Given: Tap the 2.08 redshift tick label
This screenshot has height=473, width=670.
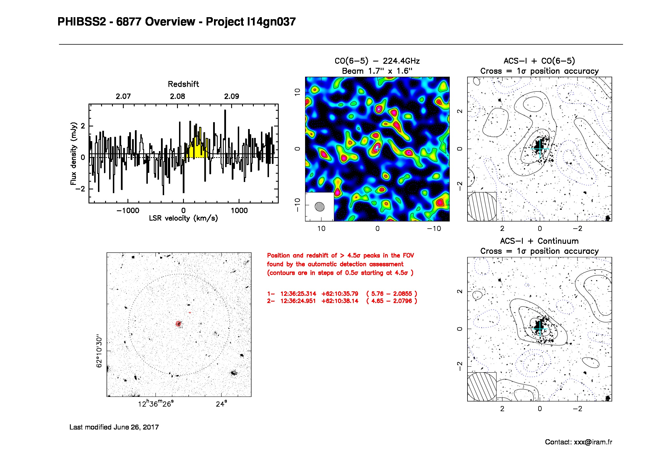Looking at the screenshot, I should [177, 96].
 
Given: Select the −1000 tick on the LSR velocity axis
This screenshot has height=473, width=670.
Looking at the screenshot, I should [128, 211].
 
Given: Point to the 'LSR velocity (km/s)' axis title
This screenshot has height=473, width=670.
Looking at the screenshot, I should [183, 218].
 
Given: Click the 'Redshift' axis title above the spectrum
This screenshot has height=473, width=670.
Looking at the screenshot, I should [183, 84].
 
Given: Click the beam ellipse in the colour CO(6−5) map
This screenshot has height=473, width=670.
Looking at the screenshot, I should [320, 207].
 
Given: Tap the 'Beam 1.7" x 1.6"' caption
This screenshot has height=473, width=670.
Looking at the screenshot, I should [377, 71].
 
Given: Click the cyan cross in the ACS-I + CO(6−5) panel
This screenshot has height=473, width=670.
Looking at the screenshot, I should [540, 149].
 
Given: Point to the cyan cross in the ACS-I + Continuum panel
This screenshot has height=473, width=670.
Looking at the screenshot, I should [540, 329].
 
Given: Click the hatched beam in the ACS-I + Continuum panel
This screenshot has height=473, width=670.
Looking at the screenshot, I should [482, 387].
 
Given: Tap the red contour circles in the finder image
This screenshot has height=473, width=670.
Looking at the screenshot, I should [178, 324].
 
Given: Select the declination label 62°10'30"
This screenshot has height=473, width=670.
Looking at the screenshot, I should [99, 351].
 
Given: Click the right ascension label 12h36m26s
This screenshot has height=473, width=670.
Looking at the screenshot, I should [156, 404].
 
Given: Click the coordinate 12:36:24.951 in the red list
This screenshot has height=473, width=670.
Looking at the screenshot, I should [298, 301].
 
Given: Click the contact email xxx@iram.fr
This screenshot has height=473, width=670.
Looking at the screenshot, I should [593, 442].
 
